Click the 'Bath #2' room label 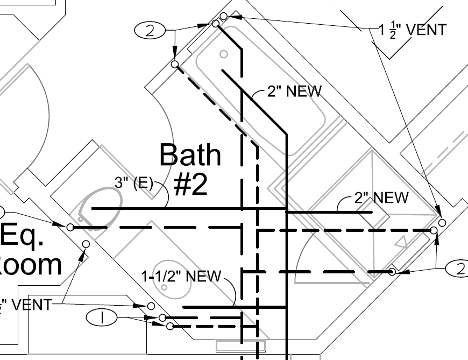pyautogui.click(x=190, y=168)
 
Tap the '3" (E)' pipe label pyautogui.click(x=133, y=183)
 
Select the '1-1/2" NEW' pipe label pyautogui.click(x=181, y=277)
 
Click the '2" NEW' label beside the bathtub pyautogui.click(x=294, y=91)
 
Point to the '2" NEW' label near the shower pyautogui.click(x=381, y=197)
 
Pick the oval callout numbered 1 pyautogui.click(x=102, y=318)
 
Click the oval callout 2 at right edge pyautogui.click(x=457, y=269)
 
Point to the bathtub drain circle pyautogui.click(x=224, y=54)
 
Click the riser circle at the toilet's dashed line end pyautogui.click(x=70, y=228)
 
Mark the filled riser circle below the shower pyautogui.click(x=393, y=272)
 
